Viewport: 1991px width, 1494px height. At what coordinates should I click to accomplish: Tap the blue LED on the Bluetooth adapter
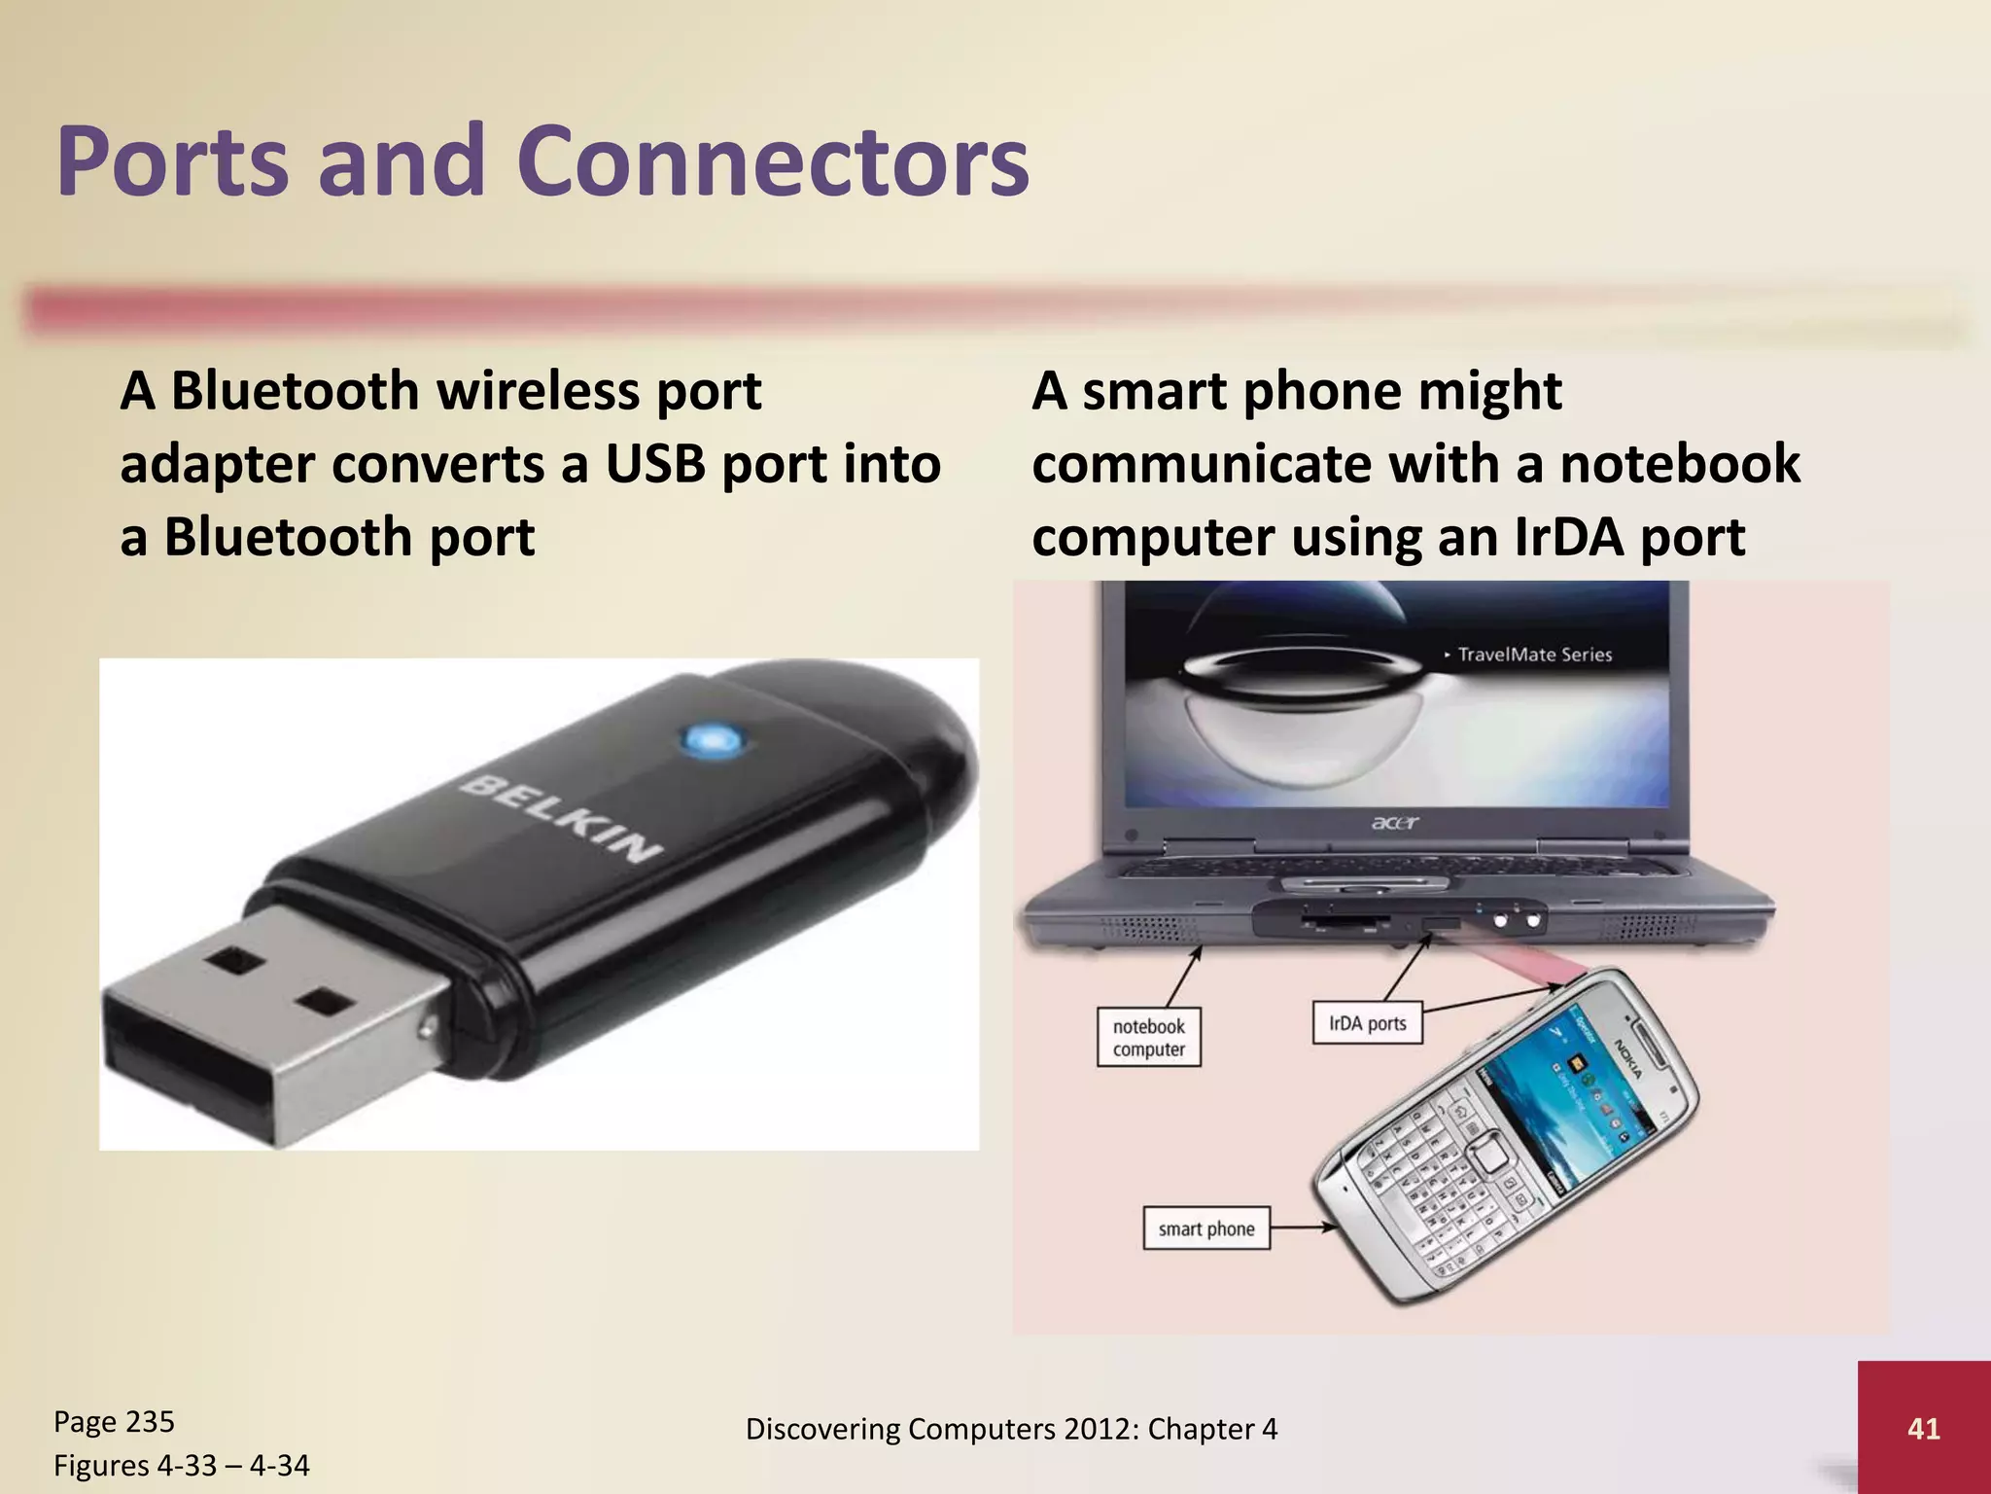[x=714, y=741]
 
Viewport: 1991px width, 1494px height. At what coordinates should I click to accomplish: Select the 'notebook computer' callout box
[x=1148, y=1038]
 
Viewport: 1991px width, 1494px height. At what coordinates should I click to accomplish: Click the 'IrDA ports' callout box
[x=1367, y=1023]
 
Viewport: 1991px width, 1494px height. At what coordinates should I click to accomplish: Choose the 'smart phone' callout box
[x=1205, y=1228]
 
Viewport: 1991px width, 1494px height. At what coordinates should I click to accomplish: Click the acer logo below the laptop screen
[x=1395, y=823]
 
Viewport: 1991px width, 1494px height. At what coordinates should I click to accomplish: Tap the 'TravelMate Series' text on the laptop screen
[x=1534, y=655]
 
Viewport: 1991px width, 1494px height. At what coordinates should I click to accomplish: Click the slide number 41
[x=1923, y=1428]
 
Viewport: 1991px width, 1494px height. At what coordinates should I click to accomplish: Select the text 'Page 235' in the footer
[x=114, y=1421]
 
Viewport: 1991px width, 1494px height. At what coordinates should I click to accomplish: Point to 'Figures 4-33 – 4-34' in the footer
[x=181, y=1465]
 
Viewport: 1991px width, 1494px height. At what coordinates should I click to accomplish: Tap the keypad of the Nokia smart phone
[x=1439, y=1187]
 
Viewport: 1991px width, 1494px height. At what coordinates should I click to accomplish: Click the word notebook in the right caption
[x=1680, y=464]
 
